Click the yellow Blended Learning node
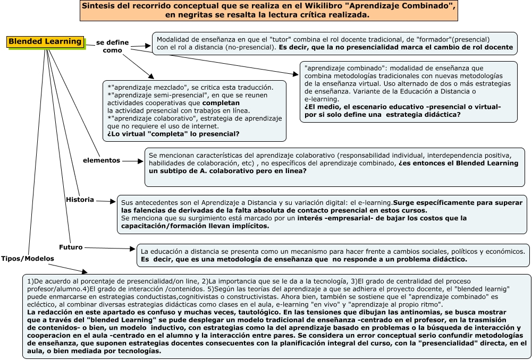click(x=46, y=42)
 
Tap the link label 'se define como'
click(x=112, y=46)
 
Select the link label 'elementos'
click(x=102, y=160)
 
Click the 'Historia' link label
click(x=80, y=200)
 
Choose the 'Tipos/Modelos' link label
click(x=28, y=259)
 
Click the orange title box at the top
click(x=268, y=11)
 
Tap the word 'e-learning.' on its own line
click(x=322, y=99)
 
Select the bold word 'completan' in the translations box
click(x=221, y=102)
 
